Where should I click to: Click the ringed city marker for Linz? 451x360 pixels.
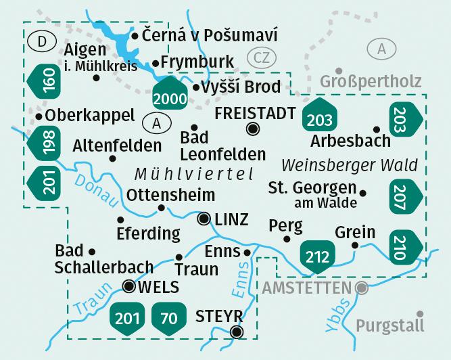coord(204,219)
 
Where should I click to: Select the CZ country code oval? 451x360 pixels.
coord(262,57)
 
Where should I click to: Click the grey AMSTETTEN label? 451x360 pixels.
coord(306,288)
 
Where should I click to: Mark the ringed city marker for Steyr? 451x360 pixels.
coord(236,332)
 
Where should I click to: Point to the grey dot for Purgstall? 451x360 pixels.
coord(421,314)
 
